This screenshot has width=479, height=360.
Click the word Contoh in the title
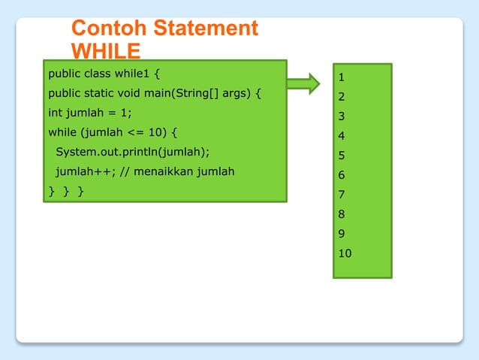point(110,29)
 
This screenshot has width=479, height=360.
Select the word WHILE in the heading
point(106,51)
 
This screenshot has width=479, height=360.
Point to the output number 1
point(341,77)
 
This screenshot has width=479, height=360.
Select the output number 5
point(341,156)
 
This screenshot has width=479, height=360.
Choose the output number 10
point(345,253)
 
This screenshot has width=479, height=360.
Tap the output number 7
point(341,195)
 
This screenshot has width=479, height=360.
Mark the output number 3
point(341,116)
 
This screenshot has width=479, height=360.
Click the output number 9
point(341,234)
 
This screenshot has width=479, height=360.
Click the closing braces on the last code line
point(66,192)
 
